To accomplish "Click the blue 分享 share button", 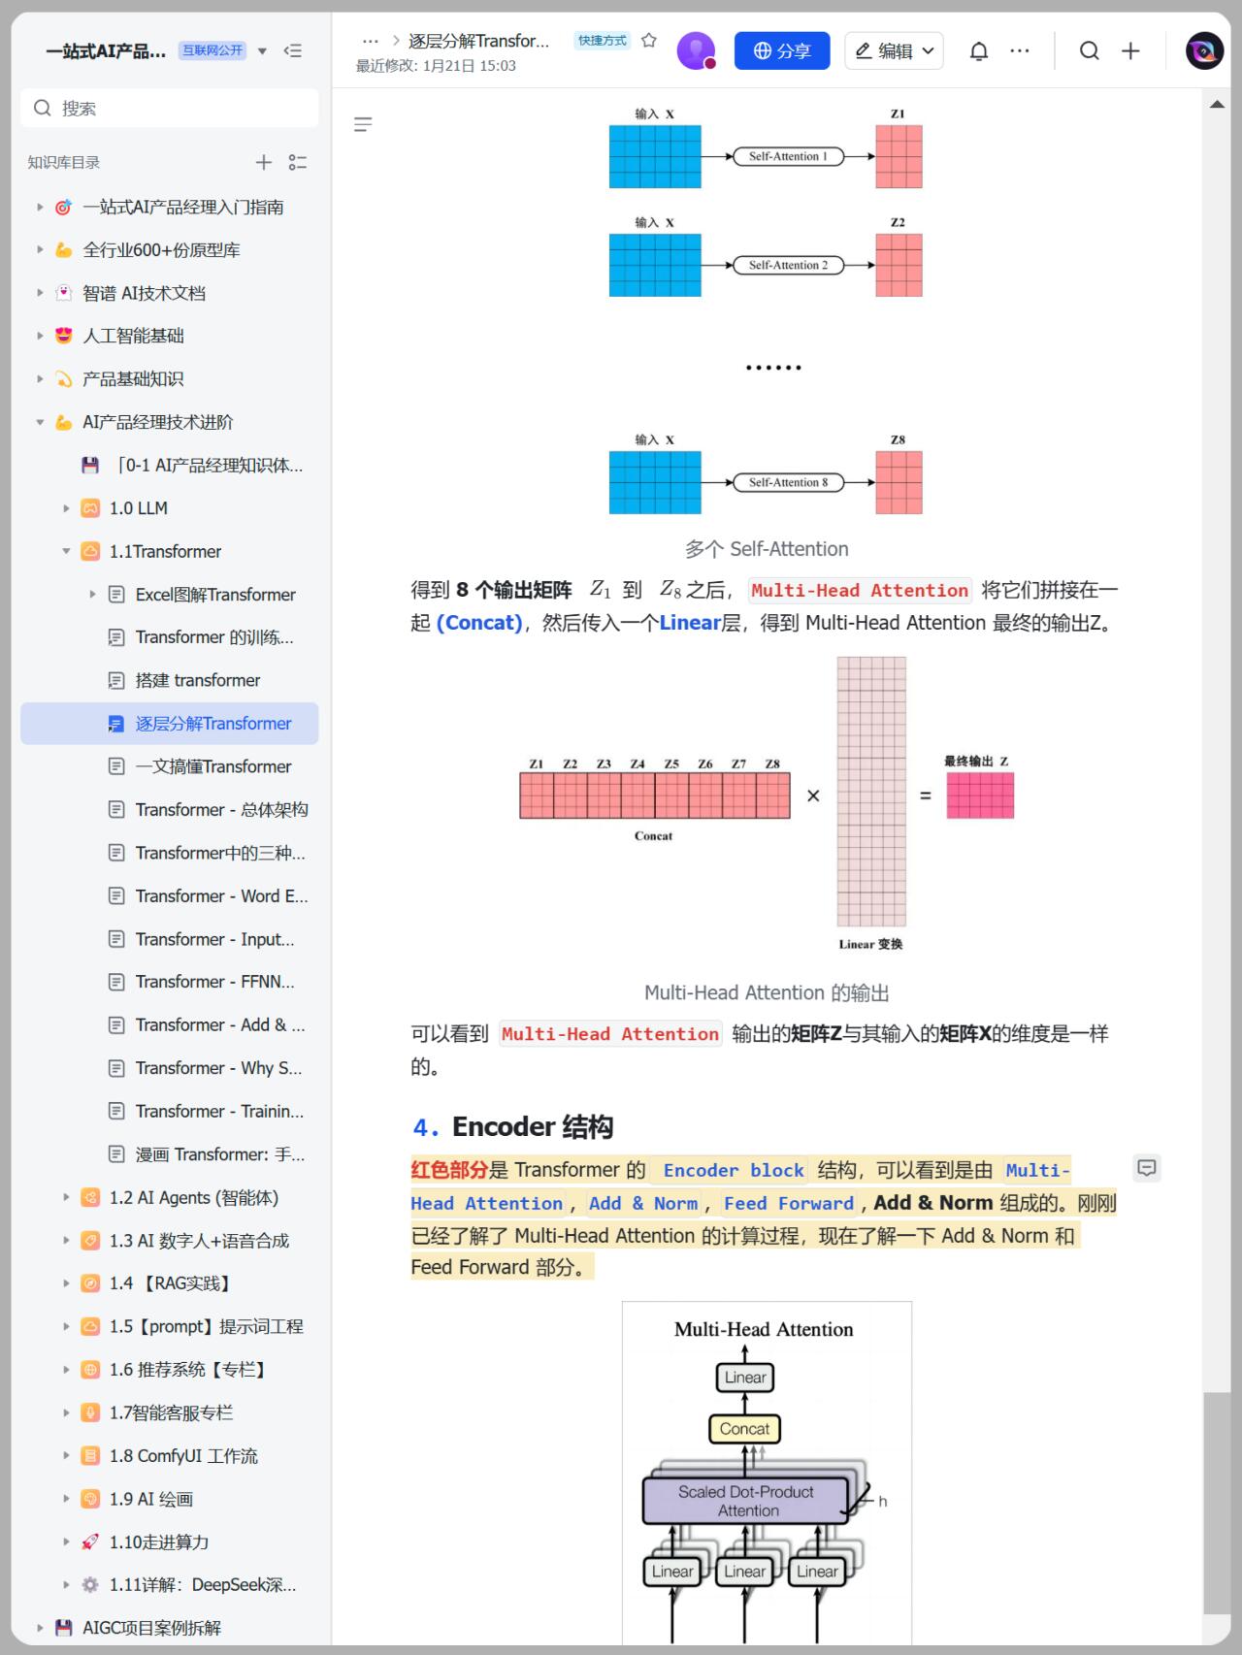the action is tap(782, 50).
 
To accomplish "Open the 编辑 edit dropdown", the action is tap(894, 50).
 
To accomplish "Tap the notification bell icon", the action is tap(979, 51).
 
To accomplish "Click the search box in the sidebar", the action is tap(170, 108).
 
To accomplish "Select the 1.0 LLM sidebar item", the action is tap(139, 508).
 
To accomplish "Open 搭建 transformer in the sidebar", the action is tap(198, 680).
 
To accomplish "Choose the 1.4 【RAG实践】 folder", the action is tap(171, 1283).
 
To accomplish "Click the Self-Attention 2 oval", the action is tap(788, 265).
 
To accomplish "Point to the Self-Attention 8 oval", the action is tap(788, 482).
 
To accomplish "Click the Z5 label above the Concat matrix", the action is tap(671, 764).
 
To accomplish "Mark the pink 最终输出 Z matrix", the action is tap(980, 796).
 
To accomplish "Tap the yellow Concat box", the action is tap(744, 1429).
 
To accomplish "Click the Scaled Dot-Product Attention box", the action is tap(745, 1501).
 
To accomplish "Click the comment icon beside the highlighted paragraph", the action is tap(1147, 1168).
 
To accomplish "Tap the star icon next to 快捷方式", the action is tap(649, 41).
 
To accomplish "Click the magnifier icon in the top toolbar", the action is tap(1090, 51).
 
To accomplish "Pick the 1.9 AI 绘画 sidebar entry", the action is tap(151, 1499).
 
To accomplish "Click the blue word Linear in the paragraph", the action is tap(690, 623).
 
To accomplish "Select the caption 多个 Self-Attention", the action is tap(767, 549).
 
